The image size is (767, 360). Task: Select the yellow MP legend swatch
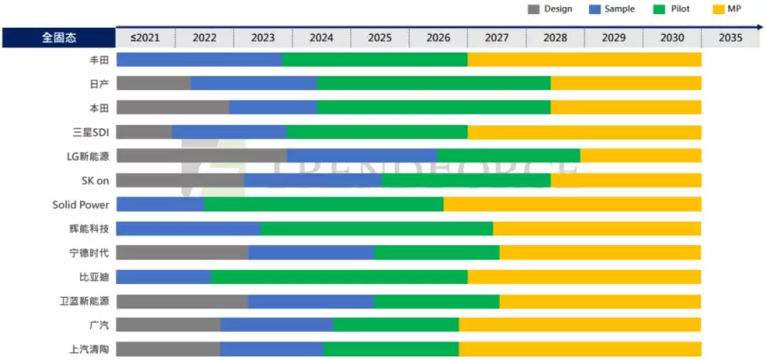716,9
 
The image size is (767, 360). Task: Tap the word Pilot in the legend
680,9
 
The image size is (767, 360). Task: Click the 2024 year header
321,38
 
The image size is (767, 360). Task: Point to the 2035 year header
730,38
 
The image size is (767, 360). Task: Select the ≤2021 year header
145,38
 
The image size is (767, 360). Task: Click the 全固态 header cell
58,38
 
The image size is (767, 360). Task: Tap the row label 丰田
99,60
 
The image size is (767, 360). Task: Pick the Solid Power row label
81,204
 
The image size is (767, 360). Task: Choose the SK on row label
95,180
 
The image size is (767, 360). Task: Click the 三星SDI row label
91,132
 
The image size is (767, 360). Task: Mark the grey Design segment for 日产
153,84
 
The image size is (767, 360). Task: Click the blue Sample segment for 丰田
199,60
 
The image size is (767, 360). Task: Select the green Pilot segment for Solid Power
324,204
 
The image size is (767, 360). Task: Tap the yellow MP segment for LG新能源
641,156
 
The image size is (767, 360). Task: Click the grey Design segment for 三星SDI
144,132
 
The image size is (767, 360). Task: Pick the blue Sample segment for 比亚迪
163,277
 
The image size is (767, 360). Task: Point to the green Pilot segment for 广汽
396,325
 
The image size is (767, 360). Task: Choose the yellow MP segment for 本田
626,108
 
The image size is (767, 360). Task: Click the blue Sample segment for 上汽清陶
272,349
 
